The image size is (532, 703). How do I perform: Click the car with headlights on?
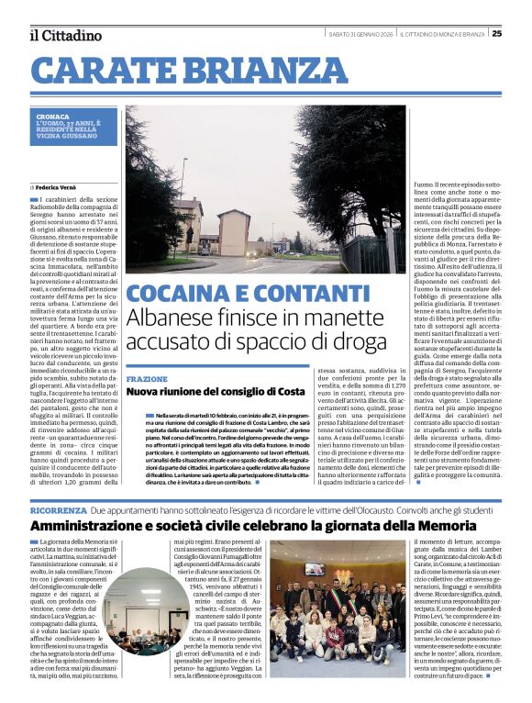[251, 253]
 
